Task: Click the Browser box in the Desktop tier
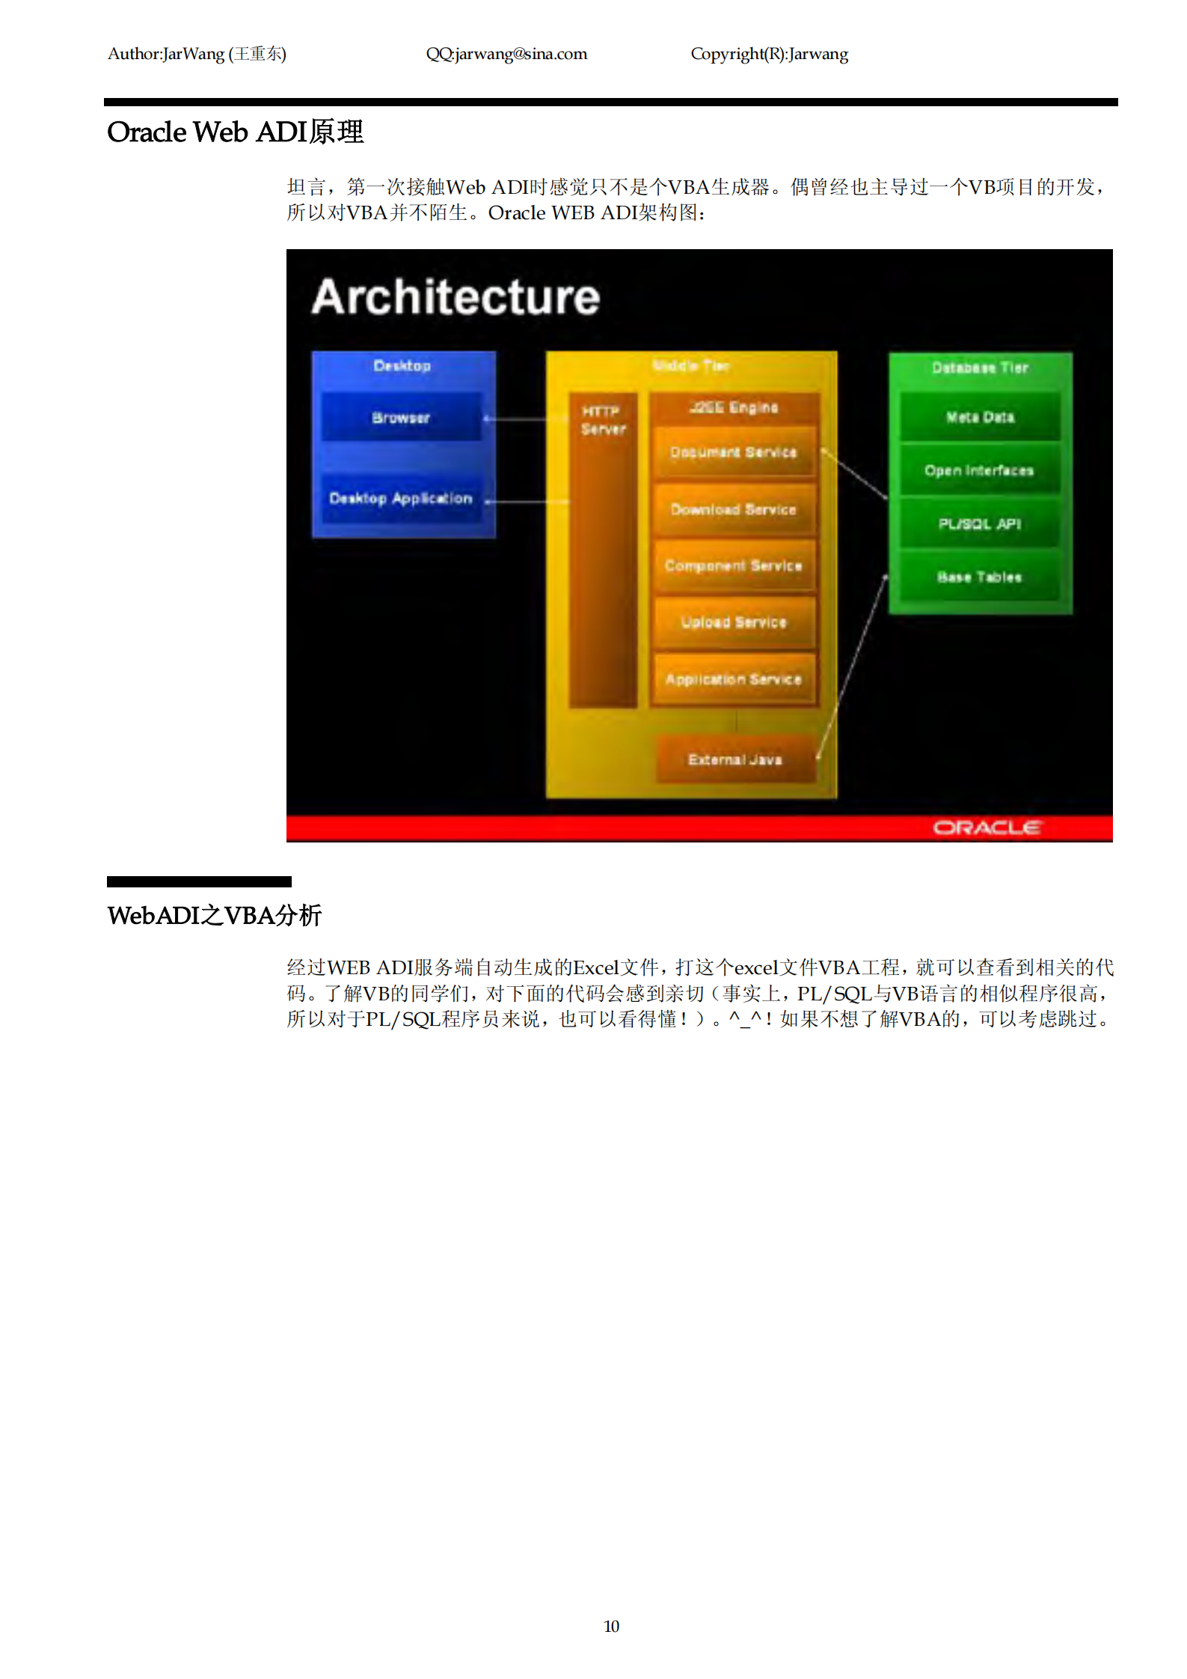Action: (x=401, y=418)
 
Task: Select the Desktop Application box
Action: (x=401, y=498)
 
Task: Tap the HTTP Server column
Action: (x=603, y=550)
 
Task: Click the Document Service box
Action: (x=733, y=452)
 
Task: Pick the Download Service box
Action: (x=733, y=510)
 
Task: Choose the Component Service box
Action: (x=733, y=566)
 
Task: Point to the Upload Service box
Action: (x=733, y=623)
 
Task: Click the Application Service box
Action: (x=733, y=679)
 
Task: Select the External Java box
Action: (x=734, y=759)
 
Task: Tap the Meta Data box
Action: (x=980, y=418)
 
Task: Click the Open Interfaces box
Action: (x=980, y=471)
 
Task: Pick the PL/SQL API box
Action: (x=980, y=524)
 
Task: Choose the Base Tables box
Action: (x=980, y=577)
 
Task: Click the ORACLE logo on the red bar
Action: (x=986, y=828)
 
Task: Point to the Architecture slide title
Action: (x=456, y=297)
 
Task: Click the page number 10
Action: (x=611, y=1626)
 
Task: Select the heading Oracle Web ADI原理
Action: (x=235, y=132)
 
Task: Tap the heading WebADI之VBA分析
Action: (x=214, y=915)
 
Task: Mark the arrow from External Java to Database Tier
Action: (x=853, y=666)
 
